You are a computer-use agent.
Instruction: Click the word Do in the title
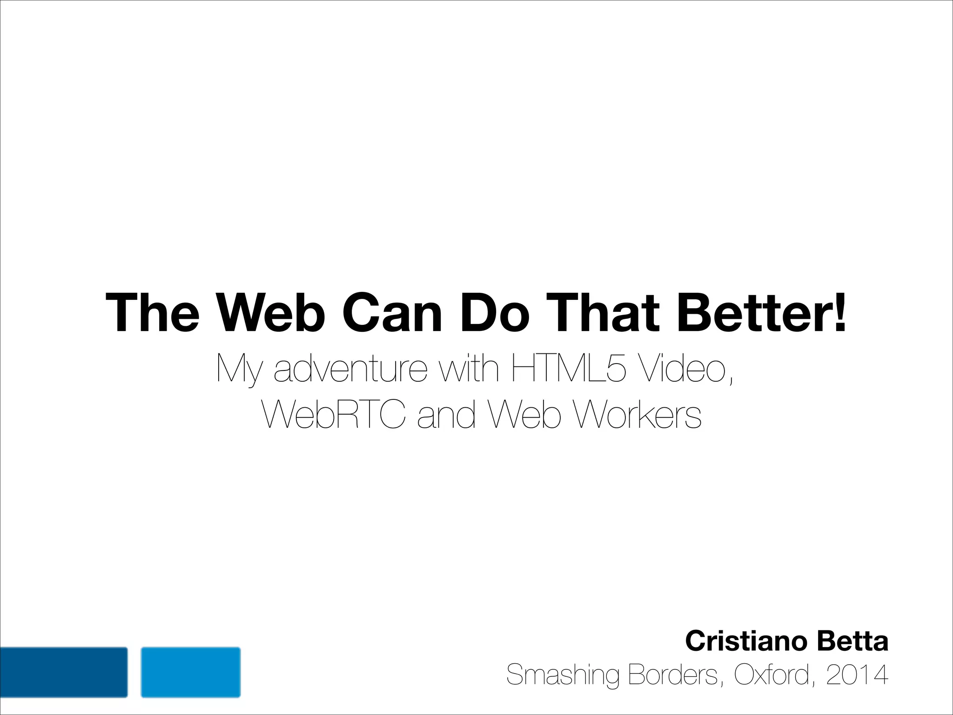(495, 313)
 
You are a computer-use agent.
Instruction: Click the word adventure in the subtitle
(350, 369)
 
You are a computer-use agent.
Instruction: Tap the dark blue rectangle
(64, 672)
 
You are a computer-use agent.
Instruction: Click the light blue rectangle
(191, 672)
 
